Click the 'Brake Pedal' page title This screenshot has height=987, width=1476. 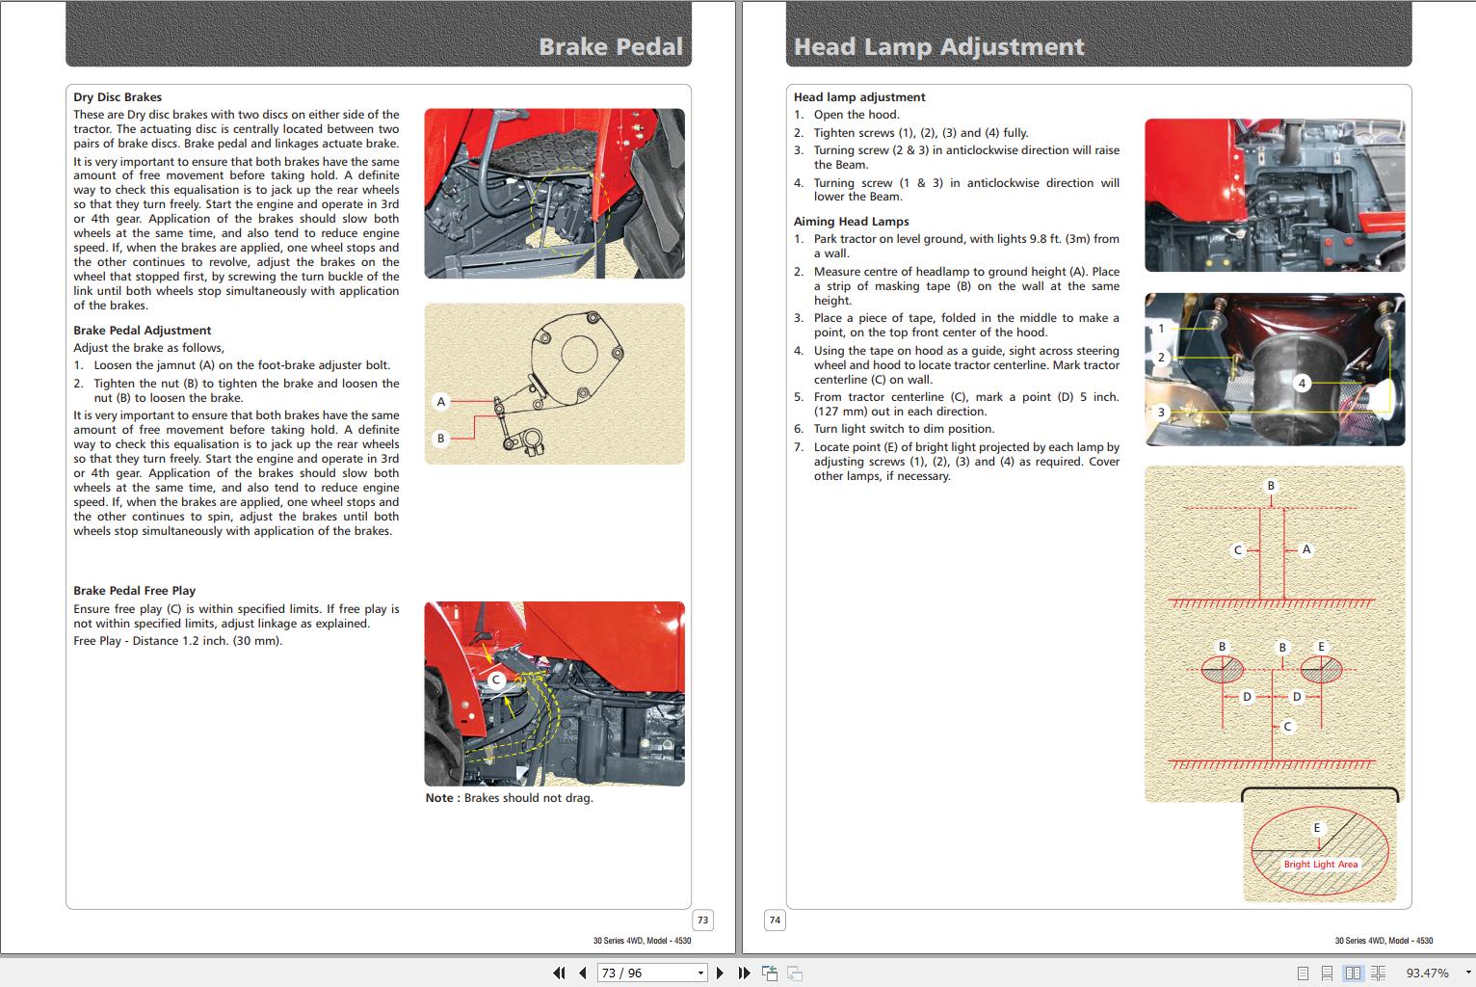[610, 46]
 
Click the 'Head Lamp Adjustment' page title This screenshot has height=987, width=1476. [938, 46]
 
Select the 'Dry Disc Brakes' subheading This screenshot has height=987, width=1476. [118, 97]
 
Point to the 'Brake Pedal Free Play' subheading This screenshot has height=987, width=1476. [134, 591]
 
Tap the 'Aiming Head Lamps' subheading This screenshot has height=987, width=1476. [851, 222]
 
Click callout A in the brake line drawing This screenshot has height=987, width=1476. [441, 401]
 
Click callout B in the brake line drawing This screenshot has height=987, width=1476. [441, 439]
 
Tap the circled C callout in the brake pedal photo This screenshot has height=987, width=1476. [496, 680]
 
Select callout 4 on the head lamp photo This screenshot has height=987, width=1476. [1302, 383]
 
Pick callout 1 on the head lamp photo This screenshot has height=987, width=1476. [1161, 329]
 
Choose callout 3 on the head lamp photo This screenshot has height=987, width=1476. [1161, 412]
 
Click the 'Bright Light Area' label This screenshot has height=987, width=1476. [1320, 865]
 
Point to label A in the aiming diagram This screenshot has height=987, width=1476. [1306, 549]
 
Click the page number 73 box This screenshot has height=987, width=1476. [702, 920]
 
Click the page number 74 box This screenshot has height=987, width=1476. [775, 920]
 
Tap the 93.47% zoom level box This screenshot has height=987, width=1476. [1427, 973]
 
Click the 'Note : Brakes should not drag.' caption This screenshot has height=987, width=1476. [509, 798]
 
